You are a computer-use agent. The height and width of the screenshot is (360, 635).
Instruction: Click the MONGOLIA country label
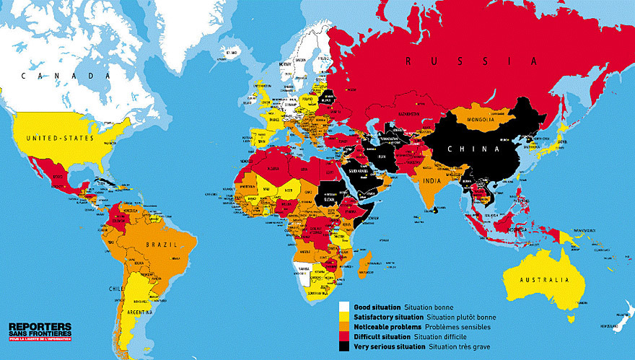click(x=479, y=119)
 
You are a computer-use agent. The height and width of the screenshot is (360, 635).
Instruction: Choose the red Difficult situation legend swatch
click(x=345, y=337)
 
